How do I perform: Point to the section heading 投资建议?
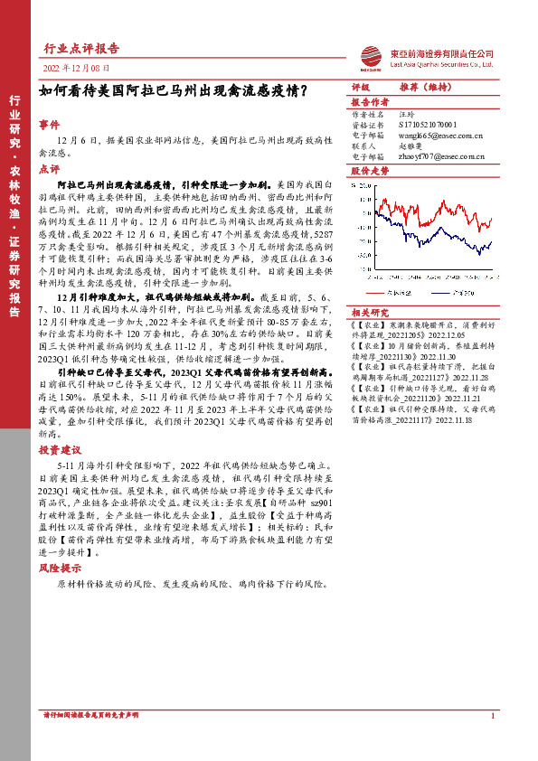(x=60, y=448)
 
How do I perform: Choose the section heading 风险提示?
(x=60, y=568)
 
